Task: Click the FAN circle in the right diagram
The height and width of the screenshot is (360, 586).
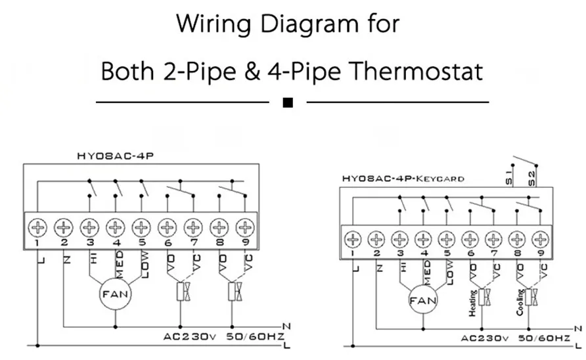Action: pyautogui.click(x=423, y=302)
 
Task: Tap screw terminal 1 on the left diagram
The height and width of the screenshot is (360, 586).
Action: pyautogui.click(x=38, y=228)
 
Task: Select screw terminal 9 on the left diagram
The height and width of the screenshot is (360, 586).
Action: pyautogui.click(x=245, y=228)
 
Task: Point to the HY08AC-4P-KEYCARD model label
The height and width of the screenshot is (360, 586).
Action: pyautogui.click(x=403, y=179)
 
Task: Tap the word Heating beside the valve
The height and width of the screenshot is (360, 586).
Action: pyautogui.click(x=473, y=304)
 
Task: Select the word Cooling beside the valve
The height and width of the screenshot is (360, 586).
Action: pyautogui.click(x=520, y=302)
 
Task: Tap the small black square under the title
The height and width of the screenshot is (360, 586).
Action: pyautogui.click(x=287, y=102)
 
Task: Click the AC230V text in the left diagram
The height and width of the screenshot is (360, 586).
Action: pyautogui.click(x=190, y=337)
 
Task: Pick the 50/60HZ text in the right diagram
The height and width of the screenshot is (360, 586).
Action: pyautogui.click(x=543, y=338)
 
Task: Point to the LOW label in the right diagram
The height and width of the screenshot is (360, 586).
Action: pyautogui.click(x=450, y=269)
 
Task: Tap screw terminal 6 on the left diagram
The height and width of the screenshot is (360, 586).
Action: pyautogui.click(x=168, y=228)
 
